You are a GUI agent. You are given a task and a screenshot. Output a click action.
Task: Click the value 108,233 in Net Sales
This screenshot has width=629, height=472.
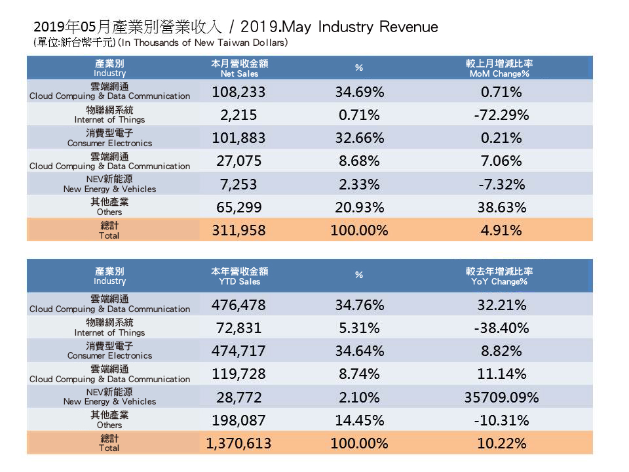click(x=239, y=92)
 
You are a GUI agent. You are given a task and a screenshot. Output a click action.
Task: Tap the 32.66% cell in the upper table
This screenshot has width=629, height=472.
click(x=359, y=138)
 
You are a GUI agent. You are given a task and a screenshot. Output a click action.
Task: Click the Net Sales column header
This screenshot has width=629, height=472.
click(x=240, y=69)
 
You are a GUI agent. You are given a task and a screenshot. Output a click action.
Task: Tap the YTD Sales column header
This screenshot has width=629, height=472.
click(x=240, y=276)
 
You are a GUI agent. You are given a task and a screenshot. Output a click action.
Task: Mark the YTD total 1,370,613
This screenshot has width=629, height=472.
click(x=238, y=443)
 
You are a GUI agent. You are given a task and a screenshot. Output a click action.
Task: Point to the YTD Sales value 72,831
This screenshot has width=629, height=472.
click(x=239, y=328)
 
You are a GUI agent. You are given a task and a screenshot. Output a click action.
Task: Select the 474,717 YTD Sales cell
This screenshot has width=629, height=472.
click(x=239, y=351)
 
